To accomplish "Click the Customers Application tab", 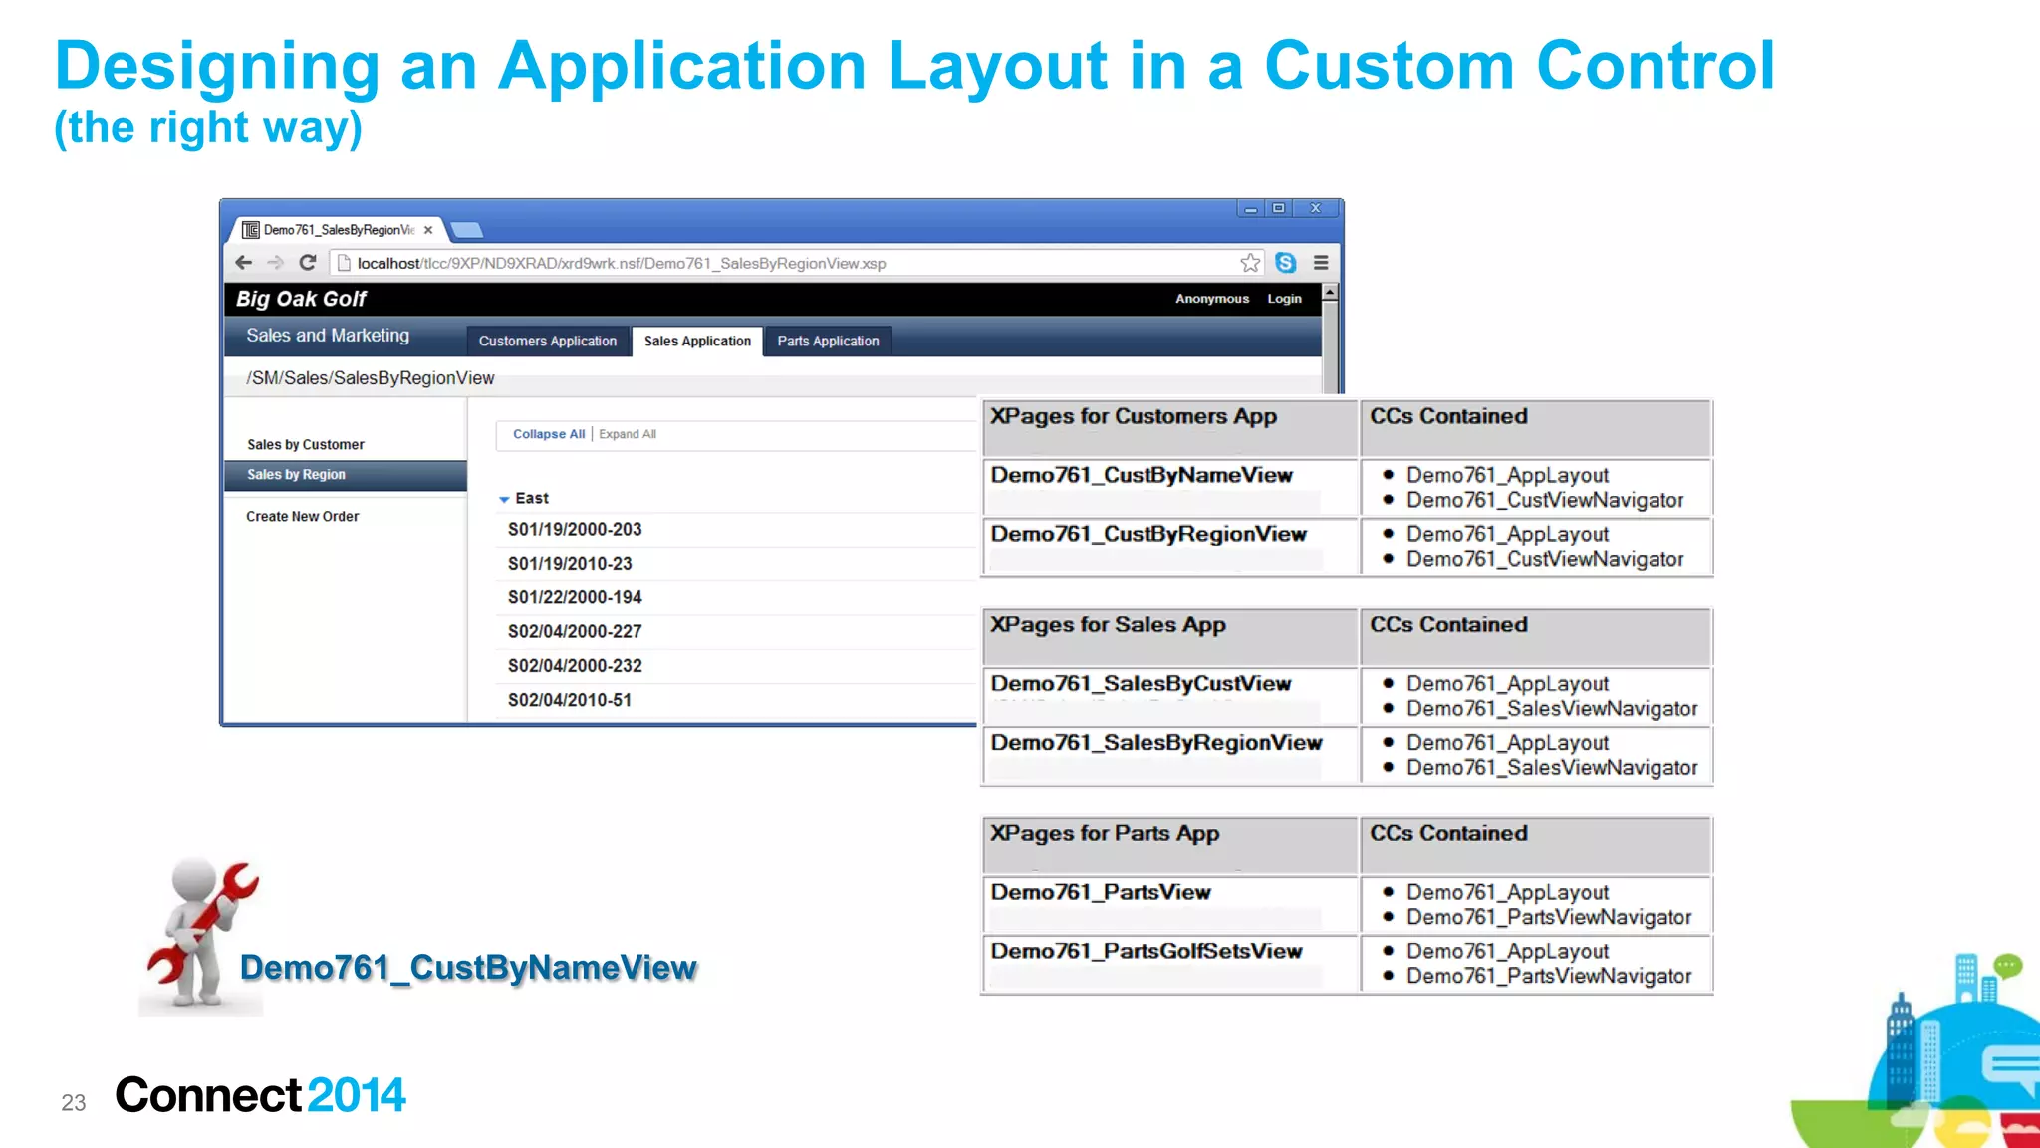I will [x=547, y=341].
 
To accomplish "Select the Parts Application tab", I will [x=828, y=341].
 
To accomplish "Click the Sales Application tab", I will [x=697, y=341].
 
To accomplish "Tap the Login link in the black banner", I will [x=1284, y=299].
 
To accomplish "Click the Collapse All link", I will [x=548, y=434].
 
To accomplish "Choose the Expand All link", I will [x=628, y=434].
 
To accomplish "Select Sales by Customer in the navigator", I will [x=306, y=445].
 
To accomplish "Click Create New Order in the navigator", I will [x=303, y=517].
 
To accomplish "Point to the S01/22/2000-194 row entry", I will [x=575, y=597].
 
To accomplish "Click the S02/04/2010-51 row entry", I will [x=570, y=700].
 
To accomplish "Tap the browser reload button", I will [x=308, y=263].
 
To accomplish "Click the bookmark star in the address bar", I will [x=1250, y=263].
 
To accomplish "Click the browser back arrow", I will [x=244, y=263].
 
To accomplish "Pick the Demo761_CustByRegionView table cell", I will [x=1148, y=535].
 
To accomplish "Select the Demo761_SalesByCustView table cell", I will [x=1141, y=684].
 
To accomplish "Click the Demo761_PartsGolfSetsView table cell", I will [x=1147, y=952].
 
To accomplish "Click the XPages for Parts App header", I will [x=1105, y=834].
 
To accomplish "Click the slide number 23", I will [x=74, y=1103].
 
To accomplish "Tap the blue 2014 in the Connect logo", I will [x=357, y=1095].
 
